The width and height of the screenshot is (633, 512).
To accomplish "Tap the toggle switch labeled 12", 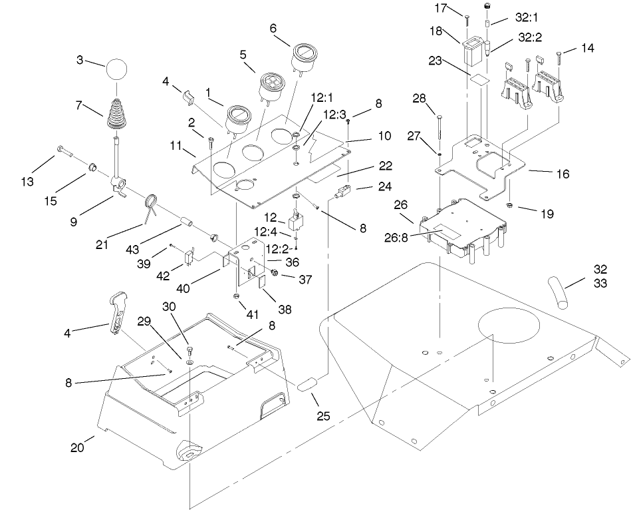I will click(297, 218).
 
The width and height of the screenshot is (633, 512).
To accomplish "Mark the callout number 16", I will click(562, 174).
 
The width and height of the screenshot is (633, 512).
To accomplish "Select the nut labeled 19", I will click(508, 204).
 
